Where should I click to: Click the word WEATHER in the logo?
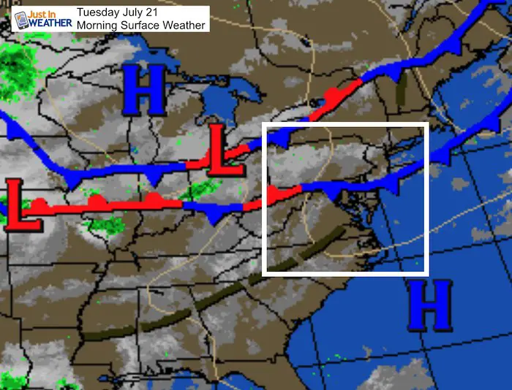[x=52, y=23]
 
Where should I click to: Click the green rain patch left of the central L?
[x=196, y=191]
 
